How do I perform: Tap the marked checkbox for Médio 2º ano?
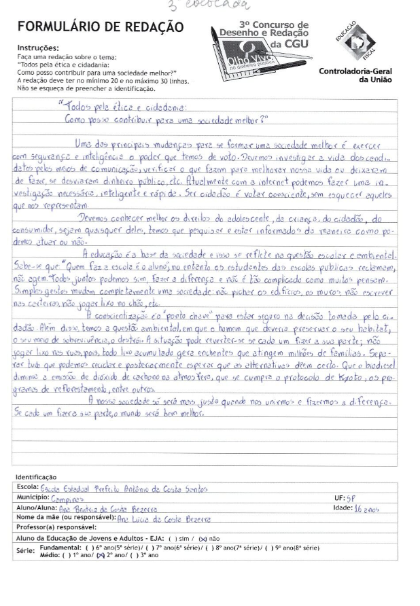(x=97, y=555)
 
